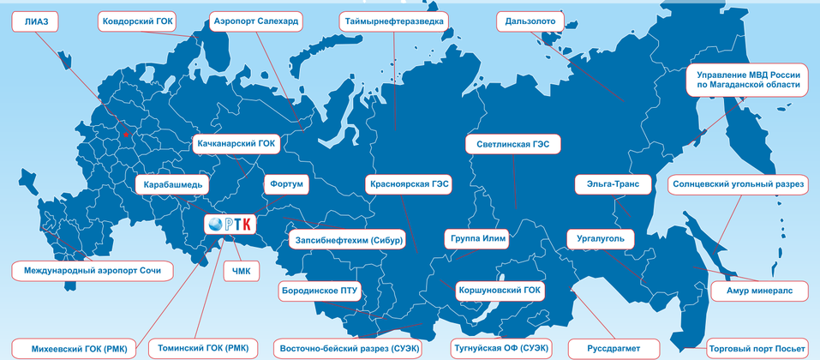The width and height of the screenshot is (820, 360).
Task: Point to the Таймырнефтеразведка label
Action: coord(393,21)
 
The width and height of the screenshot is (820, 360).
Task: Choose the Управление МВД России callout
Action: coord(748,79)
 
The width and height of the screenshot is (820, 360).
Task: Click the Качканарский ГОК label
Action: coord(235,144)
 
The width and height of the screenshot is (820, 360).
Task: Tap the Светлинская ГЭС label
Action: coord(512,144)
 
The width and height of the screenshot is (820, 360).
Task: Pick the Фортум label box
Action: coord(286,183)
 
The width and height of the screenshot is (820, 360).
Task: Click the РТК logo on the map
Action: coord(230,224)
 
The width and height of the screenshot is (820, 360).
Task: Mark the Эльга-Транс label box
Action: coord(602,183)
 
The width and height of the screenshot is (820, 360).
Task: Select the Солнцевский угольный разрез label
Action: coord(738,183)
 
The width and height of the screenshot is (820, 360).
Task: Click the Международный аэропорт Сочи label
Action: coord(92,271)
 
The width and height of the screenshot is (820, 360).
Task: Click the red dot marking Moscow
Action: coord(125,135)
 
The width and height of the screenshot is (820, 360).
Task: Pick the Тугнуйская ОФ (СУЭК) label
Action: coord(500,348)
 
